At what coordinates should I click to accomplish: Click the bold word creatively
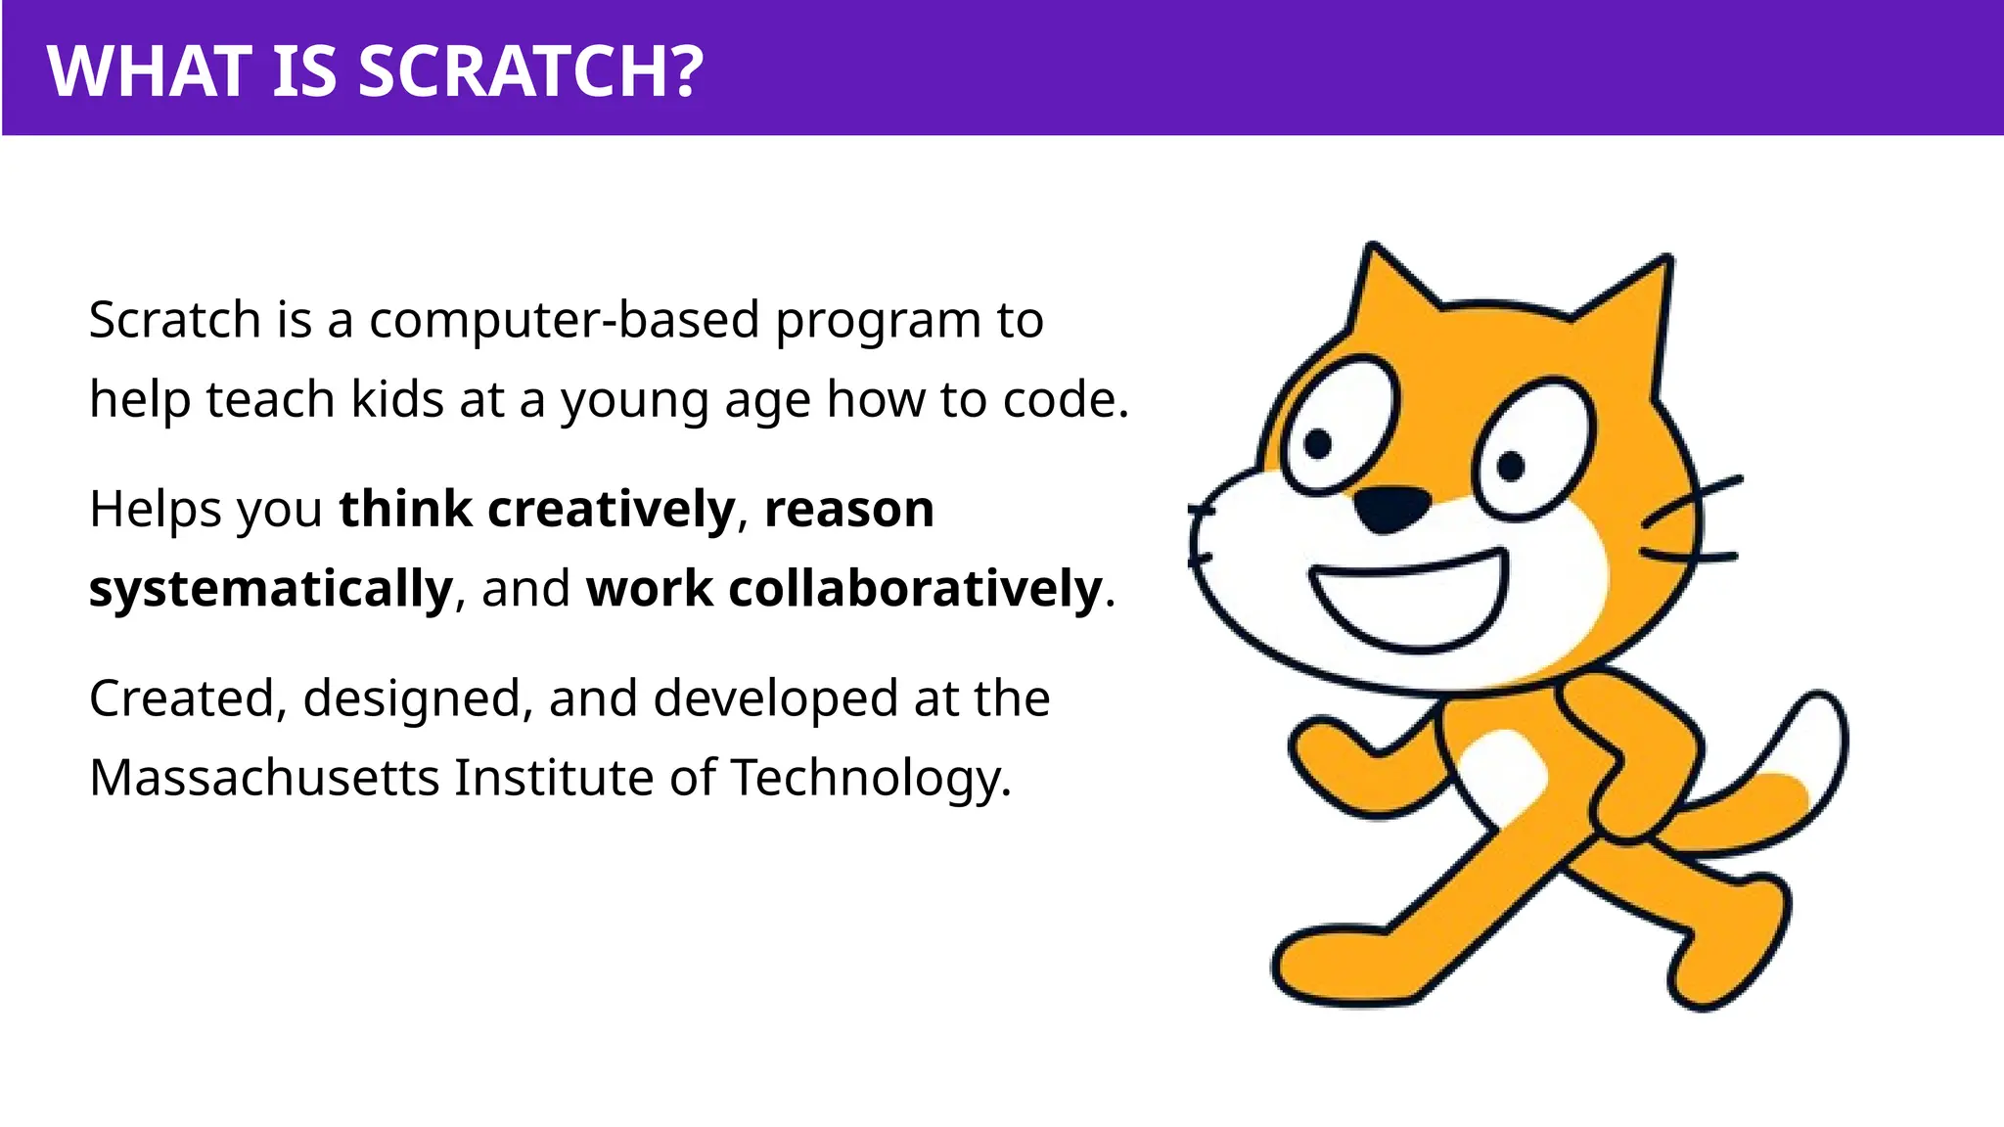(x=611, y=509)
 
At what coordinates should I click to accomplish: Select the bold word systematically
(x=271, y=589)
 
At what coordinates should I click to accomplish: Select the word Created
(x=183, y=699)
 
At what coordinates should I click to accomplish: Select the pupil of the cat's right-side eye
(x=1511, y=467)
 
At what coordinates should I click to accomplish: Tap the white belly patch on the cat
(x=1503, y=773)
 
